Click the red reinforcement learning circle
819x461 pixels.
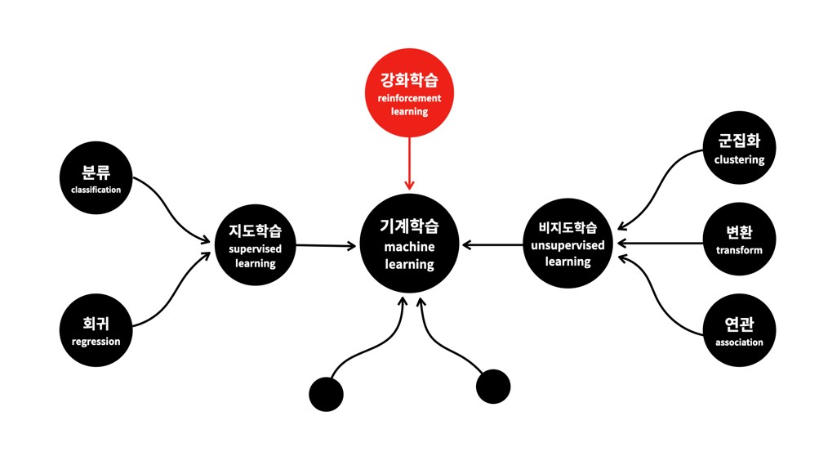coord(409,93)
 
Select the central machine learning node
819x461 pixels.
coord(409,244)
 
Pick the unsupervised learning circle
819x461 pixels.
coord(568,244)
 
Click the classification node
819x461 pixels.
coord(96,179)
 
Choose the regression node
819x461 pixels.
coord(96,331)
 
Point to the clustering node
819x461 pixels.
coord(739,149)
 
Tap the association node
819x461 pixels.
coord(739,332)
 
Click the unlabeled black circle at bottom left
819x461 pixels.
coord(326,395)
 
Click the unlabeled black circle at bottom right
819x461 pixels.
coord(493,387)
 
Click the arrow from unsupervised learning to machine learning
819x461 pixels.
coord(492,244)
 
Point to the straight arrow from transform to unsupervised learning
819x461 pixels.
coord(661,243)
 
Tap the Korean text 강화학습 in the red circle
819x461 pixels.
coord(409,80)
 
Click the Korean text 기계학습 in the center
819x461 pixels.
coord(409,226)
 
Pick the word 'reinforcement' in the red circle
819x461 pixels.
coord(409,98)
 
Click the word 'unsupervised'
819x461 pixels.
coord(568,245)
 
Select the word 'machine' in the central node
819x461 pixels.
coord(409,246)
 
